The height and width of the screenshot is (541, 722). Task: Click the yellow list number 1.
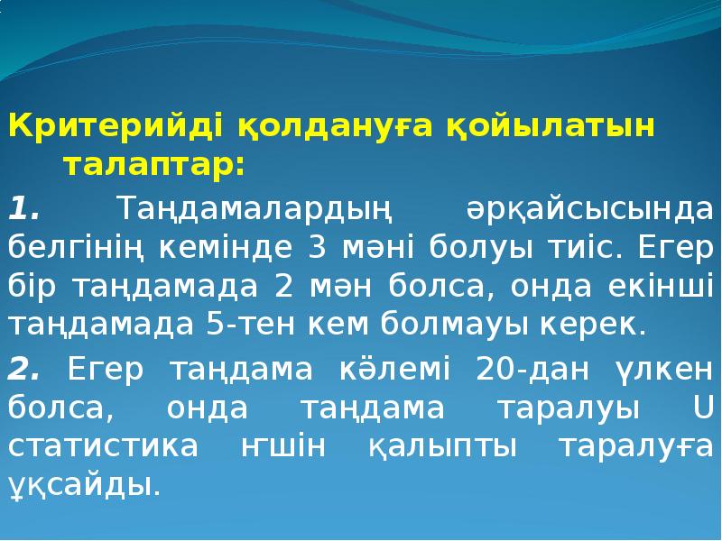(24, 208)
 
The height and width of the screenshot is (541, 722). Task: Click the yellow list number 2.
(24, 369)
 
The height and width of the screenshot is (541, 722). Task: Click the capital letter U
(702, 408)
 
